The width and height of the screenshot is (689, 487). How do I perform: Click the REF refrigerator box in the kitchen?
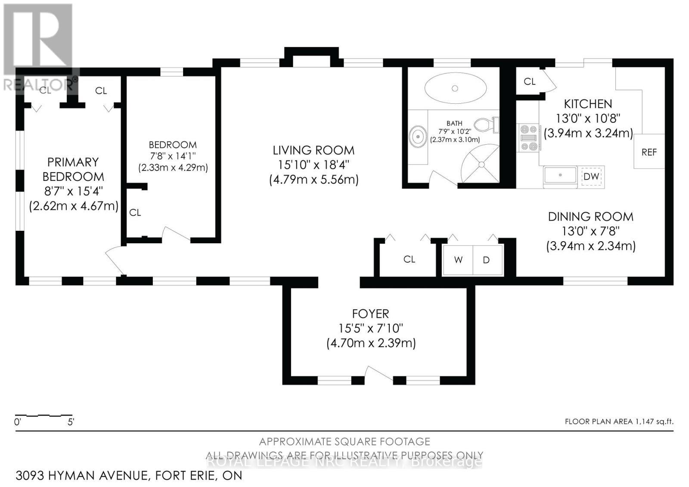pyautogui.click(x=649, y=152)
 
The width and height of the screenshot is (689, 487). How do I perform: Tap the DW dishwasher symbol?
pyautogui.click(x=591, y=177)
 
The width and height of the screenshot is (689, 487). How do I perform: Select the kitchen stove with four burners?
pyautogui.click(x=528, y=138)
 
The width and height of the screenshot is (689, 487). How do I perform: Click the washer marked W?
pyautogui.click(x=458, y=260)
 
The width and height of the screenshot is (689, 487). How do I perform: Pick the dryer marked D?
pyautogui.click(x=487, y=260)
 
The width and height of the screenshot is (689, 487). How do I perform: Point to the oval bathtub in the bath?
pyautogui.click(x=455, y=88)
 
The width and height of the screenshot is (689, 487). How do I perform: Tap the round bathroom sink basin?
pyautogui.click(x=417, y=137)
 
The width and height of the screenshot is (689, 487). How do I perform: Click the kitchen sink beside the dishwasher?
pyautogui.click(x=560, y=176)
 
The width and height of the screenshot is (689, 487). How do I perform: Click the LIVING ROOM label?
pyautogui.click(x=313, y=150)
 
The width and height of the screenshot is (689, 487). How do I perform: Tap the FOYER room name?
pyautogui.click(x=370, y=313)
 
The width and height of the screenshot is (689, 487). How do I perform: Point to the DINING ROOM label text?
pyautogui.click(x=590, y=217)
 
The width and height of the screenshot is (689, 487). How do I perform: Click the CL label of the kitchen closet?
pyautogui.click(x=529, y=81)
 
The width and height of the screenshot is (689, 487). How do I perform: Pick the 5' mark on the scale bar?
pyautogui.click(x=71, y=422)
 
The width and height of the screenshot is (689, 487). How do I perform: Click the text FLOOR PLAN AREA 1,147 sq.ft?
pyautogui.click(x=619, y=422)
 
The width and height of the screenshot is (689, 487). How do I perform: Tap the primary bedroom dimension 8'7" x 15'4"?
pyautogui.click(x=73, y=191)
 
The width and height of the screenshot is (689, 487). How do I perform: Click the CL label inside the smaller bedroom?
pyautogui.click(x=135, y=212)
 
